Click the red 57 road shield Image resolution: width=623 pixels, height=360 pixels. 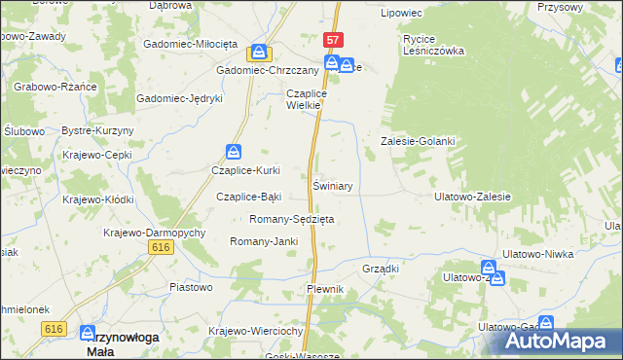tap(334, 40)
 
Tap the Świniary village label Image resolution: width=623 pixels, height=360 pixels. tap(332, 185)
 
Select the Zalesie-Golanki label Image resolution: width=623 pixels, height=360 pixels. tap(417, 141)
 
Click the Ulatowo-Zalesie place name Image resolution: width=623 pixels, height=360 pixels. tap(472, 197)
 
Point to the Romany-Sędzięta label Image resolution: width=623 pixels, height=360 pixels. tap(292, 219)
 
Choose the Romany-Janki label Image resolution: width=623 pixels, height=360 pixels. tap(263, 241)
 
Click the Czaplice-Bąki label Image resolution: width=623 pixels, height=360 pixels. tap(248, 197)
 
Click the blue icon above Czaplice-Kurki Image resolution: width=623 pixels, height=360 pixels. tap(234, 152)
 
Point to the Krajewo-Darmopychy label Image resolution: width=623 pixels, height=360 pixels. tap(154, 234)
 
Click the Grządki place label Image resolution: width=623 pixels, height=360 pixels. tap(381, 268)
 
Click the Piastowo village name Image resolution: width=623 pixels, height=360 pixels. tap(191, 287)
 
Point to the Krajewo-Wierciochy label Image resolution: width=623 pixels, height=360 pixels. tap(257, 331)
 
